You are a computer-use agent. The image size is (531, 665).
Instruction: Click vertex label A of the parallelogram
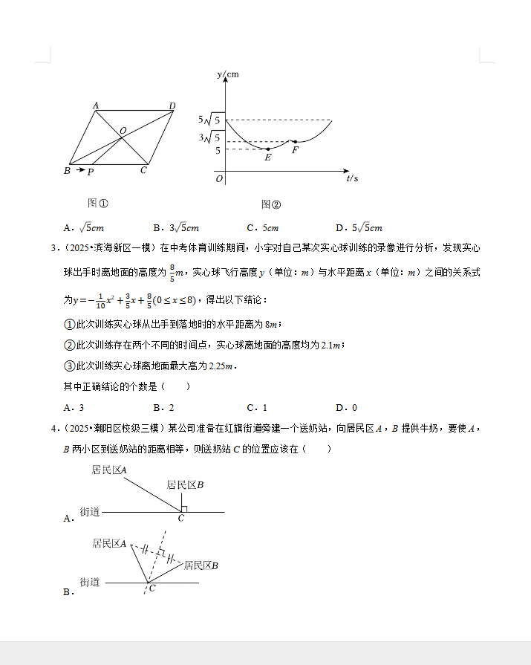pyautogui.click(x=96, y=106)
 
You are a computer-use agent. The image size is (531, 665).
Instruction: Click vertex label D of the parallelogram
pyautogui.click(x=172, y=106)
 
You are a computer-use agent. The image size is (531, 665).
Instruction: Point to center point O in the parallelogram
pyautogui.click(x=123, y=131)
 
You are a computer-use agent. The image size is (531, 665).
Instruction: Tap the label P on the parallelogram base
pyautogui.click(x=91, y=172)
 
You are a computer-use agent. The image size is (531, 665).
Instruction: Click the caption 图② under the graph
pyautogui.click(x=271, y=204)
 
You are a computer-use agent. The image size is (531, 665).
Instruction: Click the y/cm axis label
pyautogui.click(x=228, y=74)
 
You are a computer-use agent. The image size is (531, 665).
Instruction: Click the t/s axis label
pyautogui.click(x=352, y=178)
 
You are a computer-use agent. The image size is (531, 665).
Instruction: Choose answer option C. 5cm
pyautogui.click(x=263, y=228)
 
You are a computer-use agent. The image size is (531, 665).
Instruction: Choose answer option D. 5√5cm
pyautogui.click(x=359, y=228)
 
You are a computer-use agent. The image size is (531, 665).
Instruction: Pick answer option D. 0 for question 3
pyautogui.click(x=346, y=407)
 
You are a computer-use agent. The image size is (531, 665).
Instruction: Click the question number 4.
pyautogui.click(x=53, y=428)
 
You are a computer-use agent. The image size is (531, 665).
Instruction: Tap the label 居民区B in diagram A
pyautogui.click(x=185, y=485)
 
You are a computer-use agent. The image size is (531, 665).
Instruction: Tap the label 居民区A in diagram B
pyautogui.click(x=109, y=544)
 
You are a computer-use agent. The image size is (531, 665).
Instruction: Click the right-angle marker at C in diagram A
pyautogui.click(x=183, y=509)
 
